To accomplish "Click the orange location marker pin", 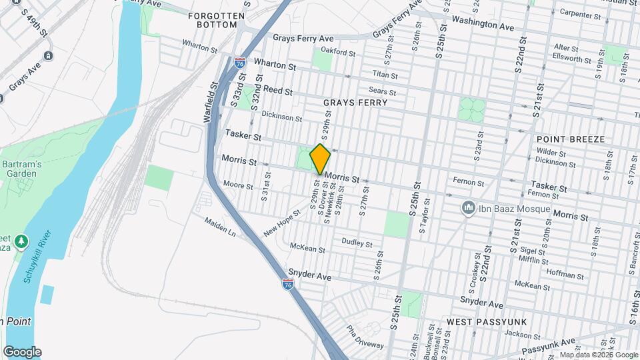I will (x=320, y=159).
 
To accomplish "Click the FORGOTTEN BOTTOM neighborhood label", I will (x=213, y=19).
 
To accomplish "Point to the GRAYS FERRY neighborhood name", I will (x=355, y=103).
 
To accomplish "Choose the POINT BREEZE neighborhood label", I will (x=570, y=139).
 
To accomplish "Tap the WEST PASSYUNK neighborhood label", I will (x=487, y=322).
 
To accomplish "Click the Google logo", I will (x=22, y=351).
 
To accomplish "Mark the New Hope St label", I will (x=279, y=224).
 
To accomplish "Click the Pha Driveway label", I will (x=366, y=337).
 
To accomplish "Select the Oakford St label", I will (x=335, y=51).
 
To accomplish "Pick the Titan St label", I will (x=385, y=75).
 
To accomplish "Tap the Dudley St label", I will (x=357, y=242).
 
